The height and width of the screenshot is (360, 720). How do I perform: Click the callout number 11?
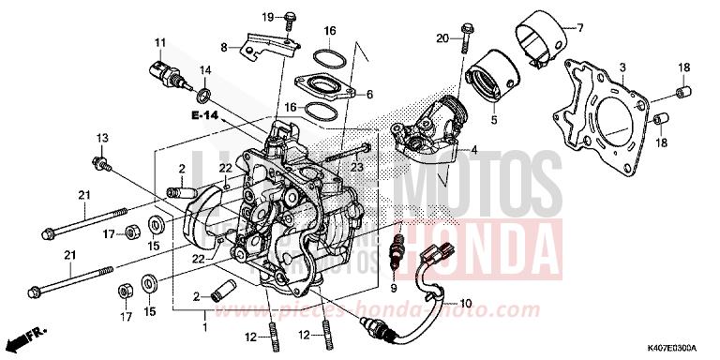160,42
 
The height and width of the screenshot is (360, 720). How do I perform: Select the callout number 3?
622,68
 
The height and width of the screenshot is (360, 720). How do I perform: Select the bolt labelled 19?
290,19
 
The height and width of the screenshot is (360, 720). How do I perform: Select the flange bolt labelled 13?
100,166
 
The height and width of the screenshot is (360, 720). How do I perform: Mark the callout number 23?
356,168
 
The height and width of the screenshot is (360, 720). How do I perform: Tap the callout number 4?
473,150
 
